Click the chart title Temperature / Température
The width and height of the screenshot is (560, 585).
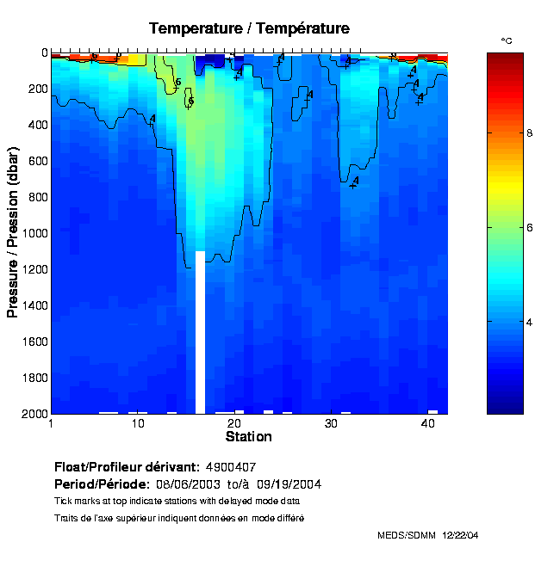pos(249,28)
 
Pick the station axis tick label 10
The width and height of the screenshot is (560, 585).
pos(138,424)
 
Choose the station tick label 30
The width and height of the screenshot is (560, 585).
pos(332,424)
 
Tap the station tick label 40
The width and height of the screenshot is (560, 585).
pos(428,424)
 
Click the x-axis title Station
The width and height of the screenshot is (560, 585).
pos(248,437)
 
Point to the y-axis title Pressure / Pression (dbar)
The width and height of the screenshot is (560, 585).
pos(13,232)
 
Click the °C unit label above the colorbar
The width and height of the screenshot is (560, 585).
pos(507,41)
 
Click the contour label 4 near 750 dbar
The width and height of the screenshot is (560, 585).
pos(355,181)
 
